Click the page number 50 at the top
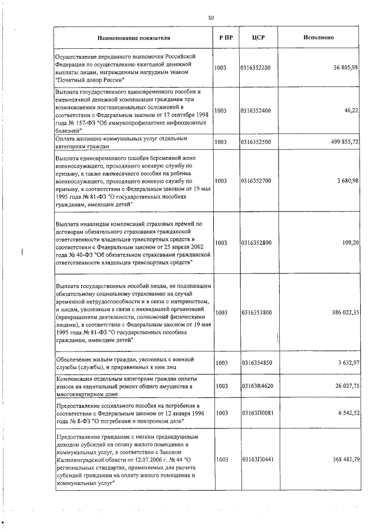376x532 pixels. click(211, 18)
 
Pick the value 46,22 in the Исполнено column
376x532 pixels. click(351, 110)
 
